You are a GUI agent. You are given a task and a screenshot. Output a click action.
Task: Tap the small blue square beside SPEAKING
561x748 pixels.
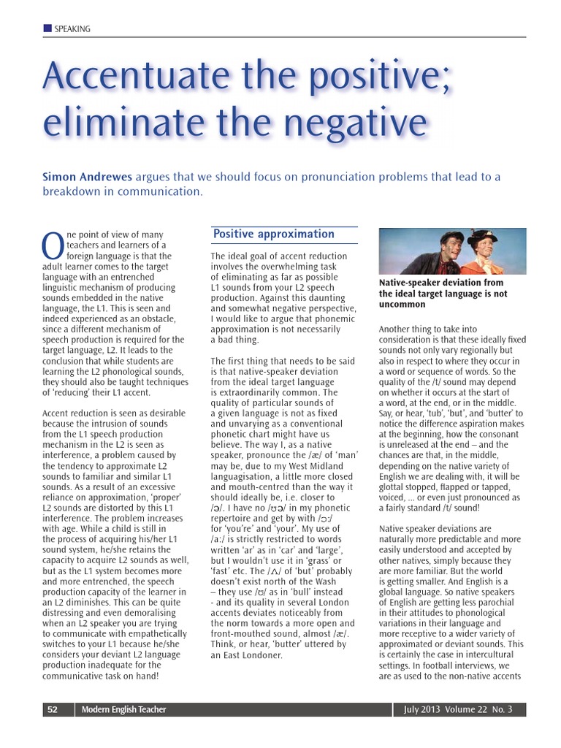tap(47, 28)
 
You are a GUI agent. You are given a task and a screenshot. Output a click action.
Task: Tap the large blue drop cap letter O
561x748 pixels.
tap(53, 246)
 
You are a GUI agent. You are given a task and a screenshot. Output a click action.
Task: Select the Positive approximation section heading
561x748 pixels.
tap(273, 234)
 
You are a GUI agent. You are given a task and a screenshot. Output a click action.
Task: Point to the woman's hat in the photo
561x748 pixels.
tap(482, 235)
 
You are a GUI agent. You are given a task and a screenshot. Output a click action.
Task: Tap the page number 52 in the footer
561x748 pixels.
tap(53, 709)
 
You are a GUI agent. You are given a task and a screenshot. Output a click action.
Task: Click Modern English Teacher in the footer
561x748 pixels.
tap(123, 709)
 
